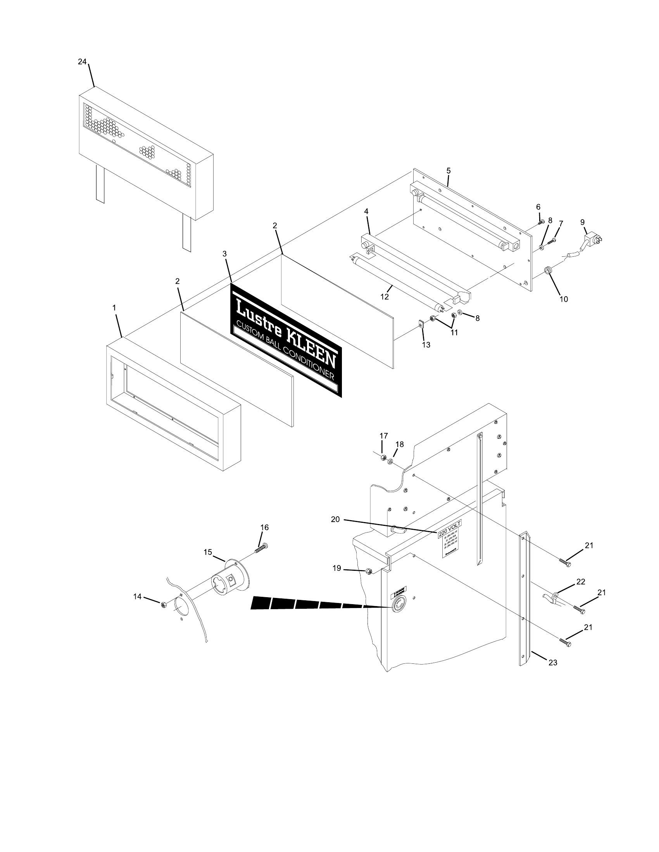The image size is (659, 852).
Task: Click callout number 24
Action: [82, 62]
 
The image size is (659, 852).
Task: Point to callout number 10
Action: [564, 299]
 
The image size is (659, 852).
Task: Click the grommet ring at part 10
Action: [549, 270]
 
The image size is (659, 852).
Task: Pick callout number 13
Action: [426, 345]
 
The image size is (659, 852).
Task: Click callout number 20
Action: [335, 519]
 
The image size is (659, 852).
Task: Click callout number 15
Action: [208, 552]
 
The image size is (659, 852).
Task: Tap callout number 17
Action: [384, 435]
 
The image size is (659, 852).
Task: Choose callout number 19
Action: [337, 569]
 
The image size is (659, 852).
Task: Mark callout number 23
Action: [553, 662]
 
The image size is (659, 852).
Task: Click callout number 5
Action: [449, 170]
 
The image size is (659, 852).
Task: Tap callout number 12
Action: [385, 297]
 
